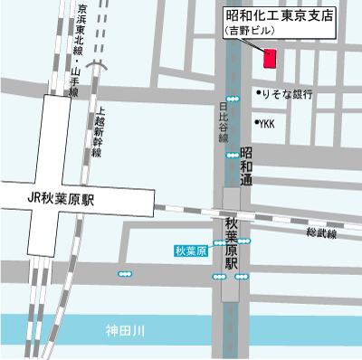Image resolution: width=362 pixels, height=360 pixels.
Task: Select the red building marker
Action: [x=269, y=59]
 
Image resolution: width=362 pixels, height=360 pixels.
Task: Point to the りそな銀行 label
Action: [x=289, y=94]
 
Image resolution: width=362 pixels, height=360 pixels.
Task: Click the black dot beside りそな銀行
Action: [x=257, y=93]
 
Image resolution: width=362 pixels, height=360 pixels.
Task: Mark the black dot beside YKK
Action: [x=256, y=123]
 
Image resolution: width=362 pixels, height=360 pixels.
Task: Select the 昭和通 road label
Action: [x=246, y=169]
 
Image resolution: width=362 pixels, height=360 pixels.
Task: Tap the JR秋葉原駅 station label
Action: [x=62, y=197]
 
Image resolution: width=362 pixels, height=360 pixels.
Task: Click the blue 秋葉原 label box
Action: [x=192, y=250]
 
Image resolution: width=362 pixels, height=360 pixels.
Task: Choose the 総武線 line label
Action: [x=320, y=233]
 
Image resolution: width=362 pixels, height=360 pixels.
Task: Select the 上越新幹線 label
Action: [x=97, y=130]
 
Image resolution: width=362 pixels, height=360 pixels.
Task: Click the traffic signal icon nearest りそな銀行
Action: [x=233, y=98]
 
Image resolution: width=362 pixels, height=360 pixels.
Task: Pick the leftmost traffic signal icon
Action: [x=125, y=272]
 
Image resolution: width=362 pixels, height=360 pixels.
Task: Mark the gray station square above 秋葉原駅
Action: [x=232, y=198]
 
